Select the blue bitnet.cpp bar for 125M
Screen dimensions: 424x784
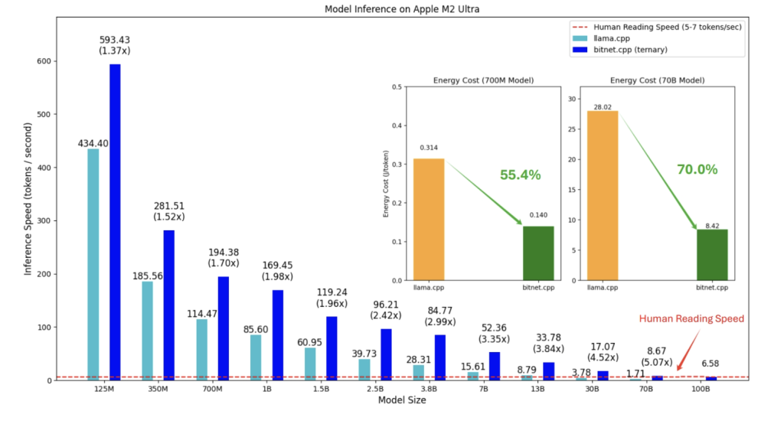pos(115,222)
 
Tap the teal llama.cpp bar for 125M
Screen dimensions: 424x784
pos(93,264)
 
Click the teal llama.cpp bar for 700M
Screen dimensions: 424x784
pos(202,349)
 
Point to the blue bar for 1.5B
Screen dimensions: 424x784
pos(332,348)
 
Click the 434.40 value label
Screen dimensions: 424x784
pos(93,142)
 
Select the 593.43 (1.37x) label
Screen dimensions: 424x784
pos(116,44)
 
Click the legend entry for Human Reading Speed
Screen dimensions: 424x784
pos(655,27)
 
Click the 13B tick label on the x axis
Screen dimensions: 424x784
pos(537,390)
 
